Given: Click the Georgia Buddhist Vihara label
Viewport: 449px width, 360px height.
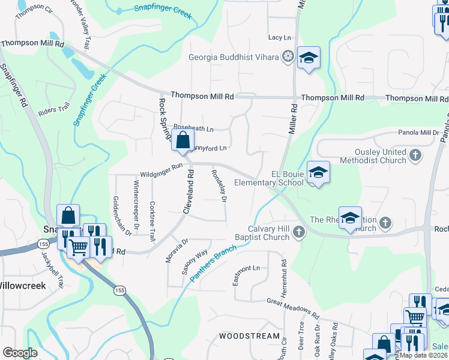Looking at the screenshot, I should click(x=234, y=58).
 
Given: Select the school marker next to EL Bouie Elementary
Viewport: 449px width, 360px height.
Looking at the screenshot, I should click(x=318, y=173).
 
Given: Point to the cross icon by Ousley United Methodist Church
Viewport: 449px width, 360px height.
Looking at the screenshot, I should click(x=414, y=157).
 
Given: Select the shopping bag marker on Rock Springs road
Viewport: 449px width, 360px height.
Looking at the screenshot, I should click(x=182, y=140).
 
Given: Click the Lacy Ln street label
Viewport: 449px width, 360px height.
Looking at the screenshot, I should click(x=279, y=37).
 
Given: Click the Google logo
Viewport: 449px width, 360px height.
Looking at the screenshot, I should click(x=20, y=353).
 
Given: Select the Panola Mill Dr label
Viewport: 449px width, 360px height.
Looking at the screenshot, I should click(x=418, y=133).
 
